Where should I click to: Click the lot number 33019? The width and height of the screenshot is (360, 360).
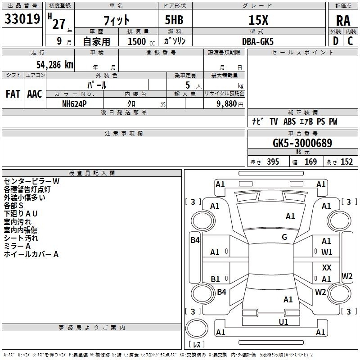point(22,19)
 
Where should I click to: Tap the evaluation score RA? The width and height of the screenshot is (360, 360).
point(343,20)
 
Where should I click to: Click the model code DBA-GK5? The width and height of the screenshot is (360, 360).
point(258,40)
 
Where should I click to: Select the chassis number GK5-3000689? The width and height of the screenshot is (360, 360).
point(302,143)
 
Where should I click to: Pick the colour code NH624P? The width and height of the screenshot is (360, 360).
point(75,103)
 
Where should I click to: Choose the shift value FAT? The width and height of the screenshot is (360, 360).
point(13,94)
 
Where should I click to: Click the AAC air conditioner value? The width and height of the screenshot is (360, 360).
point(35,94)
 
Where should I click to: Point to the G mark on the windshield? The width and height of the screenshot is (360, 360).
point(284,237)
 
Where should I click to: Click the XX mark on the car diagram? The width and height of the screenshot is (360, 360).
point(327,267)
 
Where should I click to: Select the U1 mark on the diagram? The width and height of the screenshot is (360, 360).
point(283,322)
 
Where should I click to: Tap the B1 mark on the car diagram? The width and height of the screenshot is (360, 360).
point(216,279)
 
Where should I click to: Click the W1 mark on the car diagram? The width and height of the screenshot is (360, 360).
point(327,252)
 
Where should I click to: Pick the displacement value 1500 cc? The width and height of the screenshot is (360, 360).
point(139,41)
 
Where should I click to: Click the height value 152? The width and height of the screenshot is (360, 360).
point(346,162)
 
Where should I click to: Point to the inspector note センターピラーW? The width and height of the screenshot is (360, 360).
point(32,181)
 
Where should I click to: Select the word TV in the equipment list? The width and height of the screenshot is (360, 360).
point(274,121)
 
